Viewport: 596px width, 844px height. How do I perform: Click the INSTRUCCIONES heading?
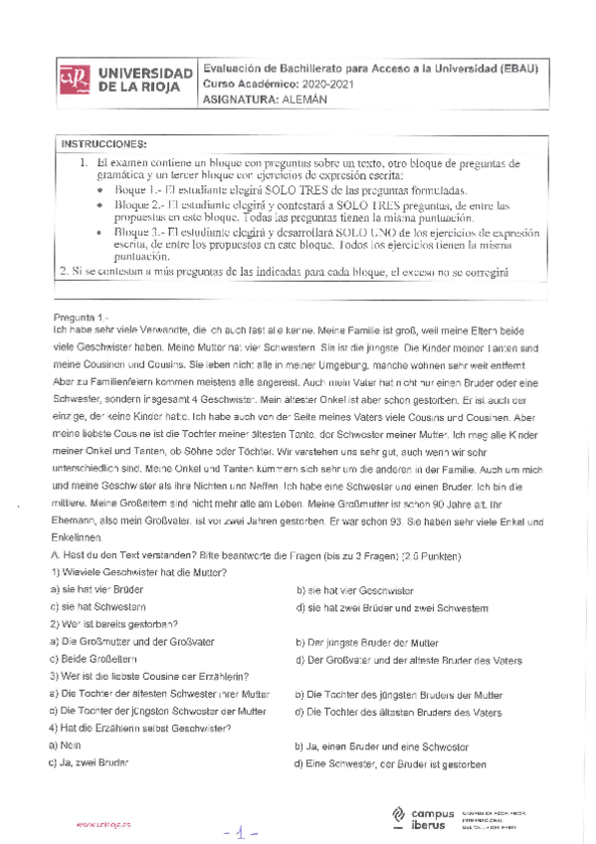point(102,144)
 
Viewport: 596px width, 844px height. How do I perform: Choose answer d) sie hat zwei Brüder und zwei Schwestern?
point(391,607)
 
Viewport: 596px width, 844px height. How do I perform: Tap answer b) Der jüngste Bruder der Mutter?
point(367,642)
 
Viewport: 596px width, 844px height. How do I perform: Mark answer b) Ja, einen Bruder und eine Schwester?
point(382,744)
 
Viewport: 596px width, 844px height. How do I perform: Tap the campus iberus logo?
point(422,815)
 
